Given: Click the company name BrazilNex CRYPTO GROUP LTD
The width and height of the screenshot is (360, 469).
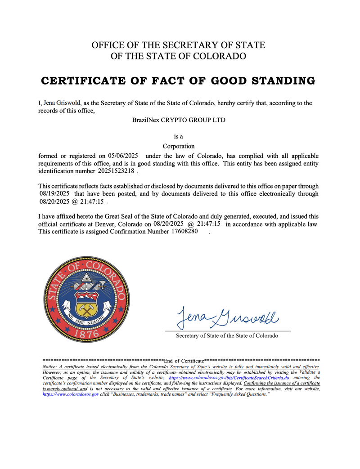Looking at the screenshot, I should [179, 120].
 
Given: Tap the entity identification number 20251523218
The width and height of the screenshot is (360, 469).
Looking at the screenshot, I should [116, 171].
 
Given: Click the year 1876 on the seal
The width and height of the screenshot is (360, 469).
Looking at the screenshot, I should [87, 334].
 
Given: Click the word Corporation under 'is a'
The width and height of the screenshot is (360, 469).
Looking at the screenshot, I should [179, 146].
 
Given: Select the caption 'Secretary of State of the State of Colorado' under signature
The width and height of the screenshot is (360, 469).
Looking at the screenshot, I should [227, 335].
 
